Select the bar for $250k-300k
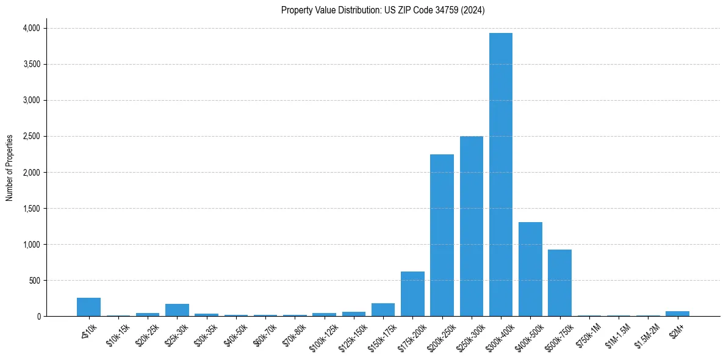tap(472, 226)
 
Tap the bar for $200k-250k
tap(442, 236)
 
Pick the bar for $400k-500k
tap(530, 269)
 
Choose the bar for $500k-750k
tap(559, 283)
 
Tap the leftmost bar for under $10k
tap(88, 307)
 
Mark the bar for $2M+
tap(677, 314)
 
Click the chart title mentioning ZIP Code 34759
tap(383, 10)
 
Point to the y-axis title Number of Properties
tap(10, 168)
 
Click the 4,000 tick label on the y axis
tap(31, 28)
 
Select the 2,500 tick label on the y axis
tap(31, 136)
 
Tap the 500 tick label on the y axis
tap(34, 281)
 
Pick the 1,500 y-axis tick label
tap(31, 209)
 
